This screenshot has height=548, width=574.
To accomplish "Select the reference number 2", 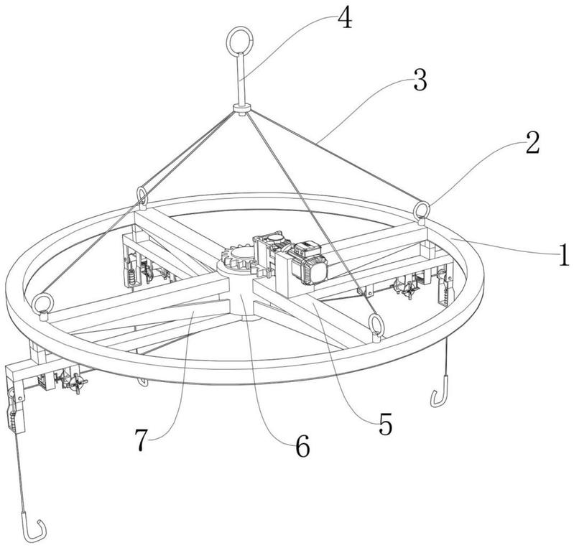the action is click(x=532, y=142).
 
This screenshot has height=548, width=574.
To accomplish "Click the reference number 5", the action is click(x=385, y=424).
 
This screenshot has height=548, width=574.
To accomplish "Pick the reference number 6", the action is click(x=302, y=446).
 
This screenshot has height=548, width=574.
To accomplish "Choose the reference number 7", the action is click(x=142, y=439).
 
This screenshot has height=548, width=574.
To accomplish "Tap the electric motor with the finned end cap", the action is click(x=307, y=261).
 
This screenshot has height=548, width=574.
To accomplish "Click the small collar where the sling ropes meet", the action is click(x=241, y=108).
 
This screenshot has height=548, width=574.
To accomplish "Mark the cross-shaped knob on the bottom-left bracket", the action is click(x=78, y=383).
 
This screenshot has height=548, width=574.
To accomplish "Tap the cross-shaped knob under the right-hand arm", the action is click(x=409, y=291).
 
